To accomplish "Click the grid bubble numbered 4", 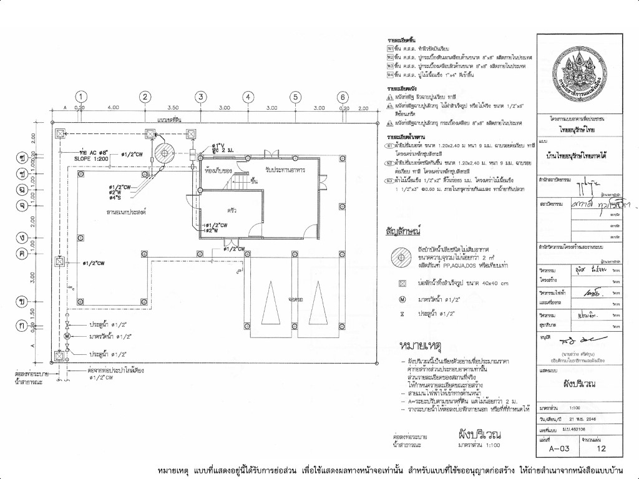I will tap(248, 97).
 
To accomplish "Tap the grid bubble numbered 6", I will tap(342, 97).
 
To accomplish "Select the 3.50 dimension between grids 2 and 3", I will tap(174, 107).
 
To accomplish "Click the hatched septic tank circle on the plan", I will tap(166, 153).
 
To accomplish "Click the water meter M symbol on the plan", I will tap(67, 337).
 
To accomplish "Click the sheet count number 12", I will tap(602, 447).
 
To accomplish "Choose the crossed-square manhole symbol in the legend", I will tap(402, 283).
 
